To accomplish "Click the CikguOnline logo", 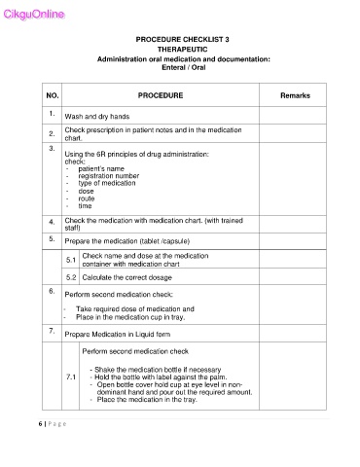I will tap(33, 13).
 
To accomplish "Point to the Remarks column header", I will tap(297, 96).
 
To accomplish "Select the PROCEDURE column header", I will tap(168, 96).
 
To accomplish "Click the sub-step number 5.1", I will tap(71, 259).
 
